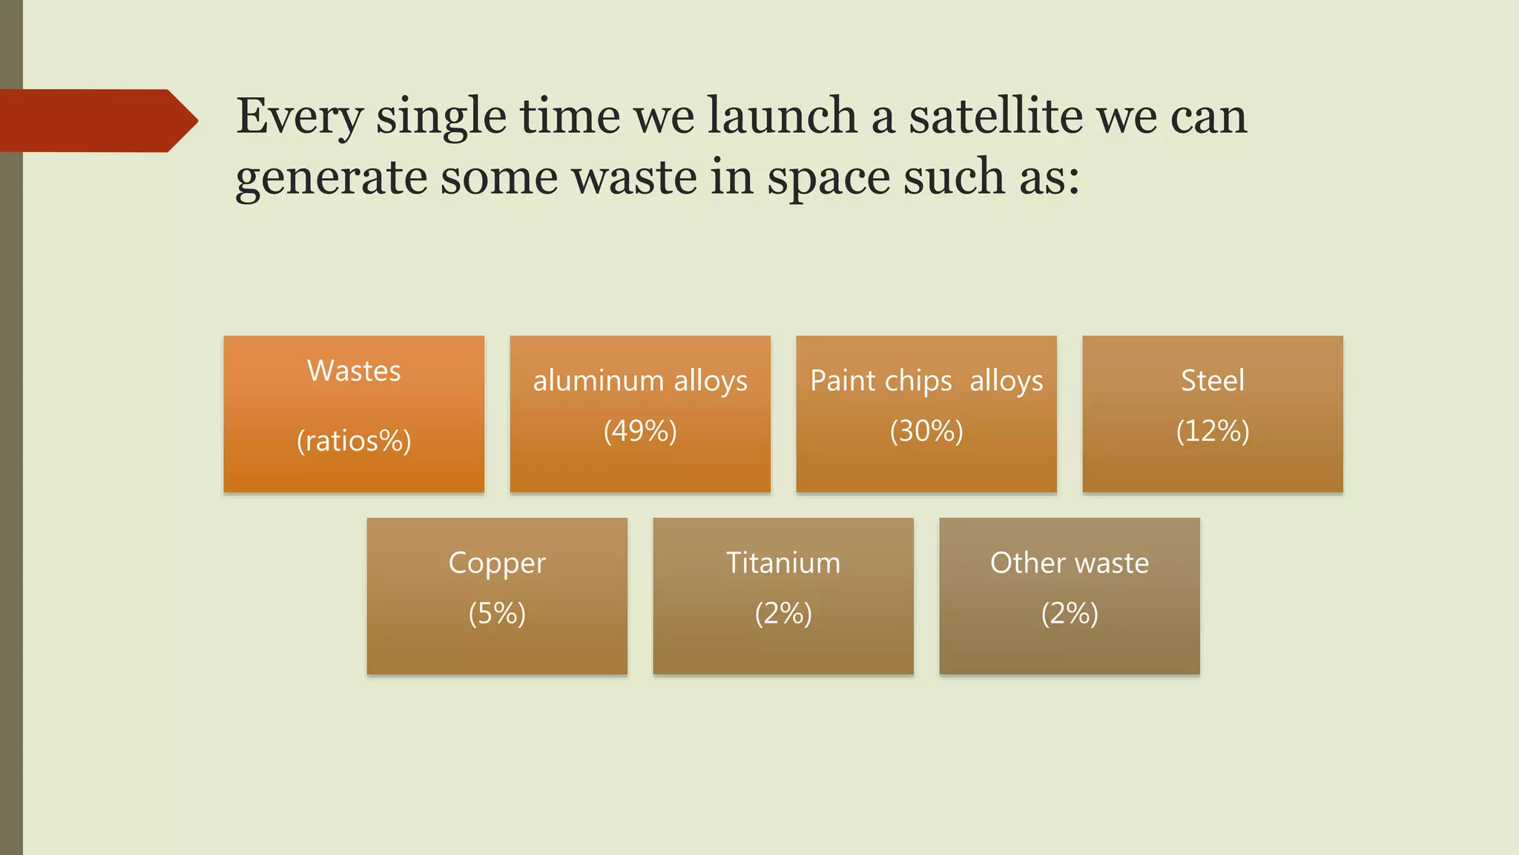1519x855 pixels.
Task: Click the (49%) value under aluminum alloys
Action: (640, 430)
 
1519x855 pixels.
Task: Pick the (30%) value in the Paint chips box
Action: (926, 430)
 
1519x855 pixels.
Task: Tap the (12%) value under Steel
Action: (1213, 430)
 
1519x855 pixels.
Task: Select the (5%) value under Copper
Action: (497, 613)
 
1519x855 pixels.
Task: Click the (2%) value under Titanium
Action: (783, 613)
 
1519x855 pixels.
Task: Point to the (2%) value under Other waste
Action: (1070, 613)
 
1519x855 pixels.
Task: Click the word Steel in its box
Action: (1213, 380)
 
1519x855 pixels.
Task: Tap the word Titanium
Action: (783, 563)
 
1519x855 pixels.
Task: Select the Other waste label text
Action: (1070, 563)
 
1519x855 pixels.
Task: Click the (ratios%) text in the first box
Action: (354, 441)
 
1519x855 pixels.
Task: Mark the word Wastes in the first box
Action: (354, 370)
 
